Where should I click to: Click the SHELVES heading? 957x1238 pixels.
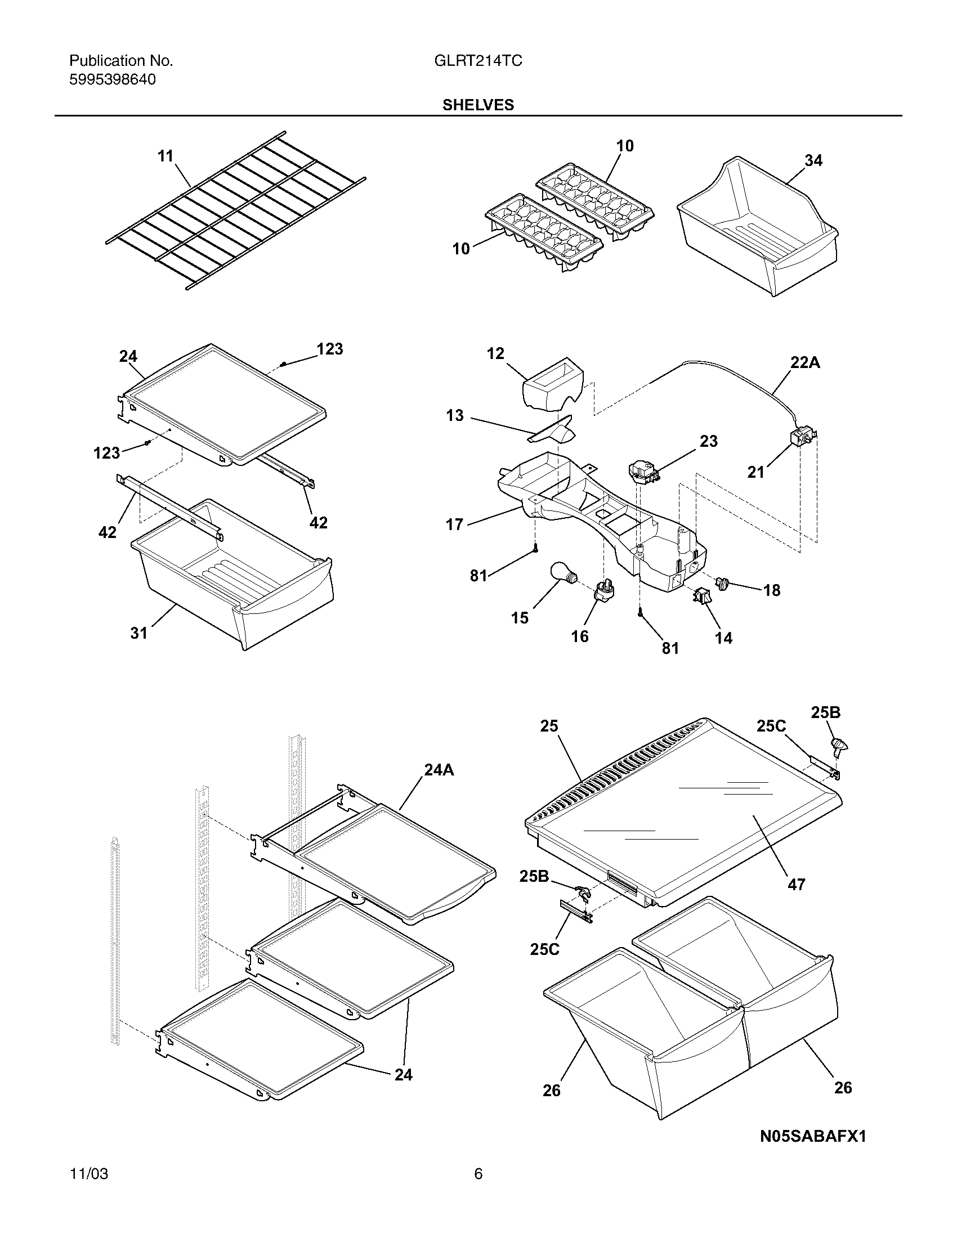pos(478,105)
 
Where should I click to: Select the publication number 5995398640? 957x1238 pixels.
pos(112,80)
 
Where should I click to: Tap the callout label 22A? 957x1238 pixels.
pos(805,363)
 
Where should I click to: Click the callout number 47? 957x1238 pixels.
pos(796,883)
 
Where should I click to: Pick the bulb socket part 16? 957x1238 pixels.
pos(602,591)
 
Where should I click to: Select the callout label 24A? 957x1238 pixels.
pos(440,770)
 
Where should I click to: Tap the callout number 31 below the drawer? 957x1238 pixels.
pos(139,633)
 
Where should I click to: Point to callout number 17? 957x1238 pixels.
pos(455,524)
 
